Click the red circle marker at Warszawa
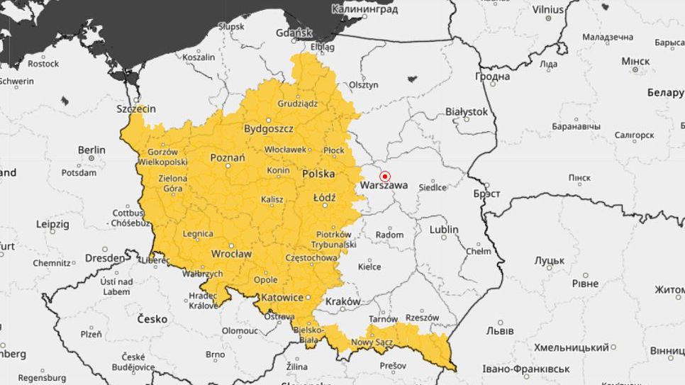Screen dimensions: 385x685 point(385,176)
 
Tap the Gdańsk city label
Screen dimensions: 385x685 point(295,33)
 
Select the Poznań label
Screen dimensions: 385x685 point(228,157)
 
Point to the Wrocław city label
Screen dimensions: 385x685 point(231,254)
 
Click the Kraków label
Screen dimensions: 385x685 point(342,301)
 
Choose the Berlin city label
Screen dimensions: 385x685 point(91,150)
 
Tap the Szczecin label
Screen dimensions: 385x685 point(136,109)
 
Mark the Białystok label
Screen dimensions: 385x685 point(467,111)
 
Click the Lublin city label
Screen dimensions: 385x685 point(444,230)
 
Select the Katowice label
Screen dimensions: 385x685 point(282,298)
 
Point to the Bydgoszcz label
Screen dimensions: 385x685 point(268,129)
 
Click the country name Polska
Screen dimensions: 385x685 point(318,173)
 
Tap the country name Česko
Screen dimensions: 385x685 point(152,319)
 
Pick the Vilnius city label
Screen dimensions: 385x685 point(548,10)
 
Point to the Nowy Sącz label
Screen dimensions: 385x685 point(372,343)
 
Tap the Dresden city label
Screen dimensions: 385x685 point(105,258)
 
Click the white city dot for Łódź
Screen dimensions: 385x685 point(325,206)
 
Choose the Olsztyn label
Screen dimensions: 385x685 point(363,84)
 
